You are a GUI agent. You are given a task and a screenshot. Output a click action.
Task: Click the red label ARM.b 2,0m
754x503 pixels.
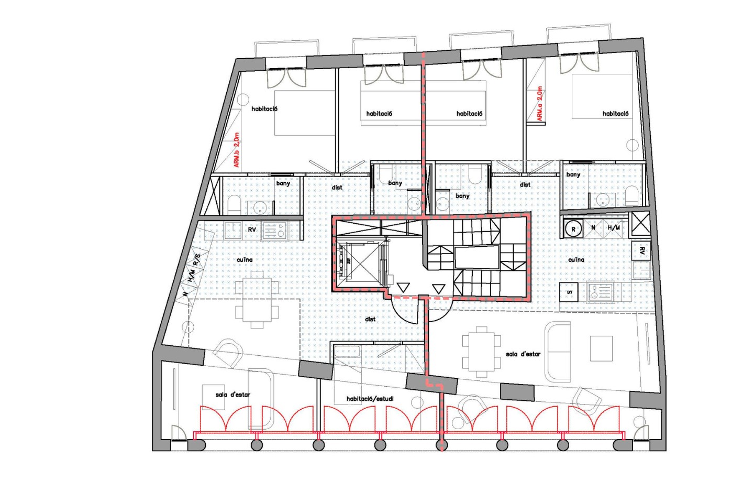pyautogui.click(x=237, y=150)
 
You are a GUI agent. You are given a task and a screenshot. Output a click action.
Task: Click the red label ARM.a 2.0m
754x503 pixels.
pyautogui.click(x=540, y=104)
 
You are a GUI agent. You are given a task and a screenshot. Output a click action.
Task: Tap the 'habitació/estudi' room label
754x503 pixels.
pyautogui.click(x=370, y=399)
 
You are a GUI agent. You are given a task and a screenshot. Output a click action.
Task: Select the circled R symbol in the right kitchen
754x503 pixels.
pyautogui.click(x=573, y=229)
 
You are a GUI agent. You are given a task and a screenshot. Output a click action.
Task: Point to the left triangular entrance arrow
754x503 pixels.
pyautogui.click(x=403, y=288)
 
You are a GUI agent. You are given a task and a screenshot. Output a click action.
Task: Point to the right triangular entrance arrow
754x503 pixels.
pyautogui.click(x=438, y=288)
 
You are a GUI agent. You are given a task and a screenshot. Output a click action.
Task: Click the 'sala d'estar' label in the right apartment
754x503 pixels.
pyautogui.click(x=523, y=354)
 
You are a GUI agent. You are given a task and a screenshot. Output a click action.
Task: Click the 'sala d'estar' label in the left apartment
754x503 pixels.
pyautogui.click(x=232, y=395)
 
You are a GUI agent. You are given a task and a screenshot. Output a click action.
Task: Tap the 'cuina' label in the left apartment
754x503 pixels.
pyautogui.click(x=245, y=260)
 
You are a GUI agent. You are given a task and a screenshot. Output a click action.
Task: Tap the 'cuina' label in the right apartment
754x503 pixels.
pyautogui.click(x=576, y=260)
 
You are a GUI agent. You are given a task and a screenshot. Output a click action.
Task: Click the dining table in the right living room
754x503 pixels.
pyautogui.click(x=478, y=352)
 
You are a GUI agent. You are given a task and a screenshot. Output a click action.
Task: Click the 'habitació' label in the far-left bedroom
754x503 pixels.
pyautogui.click(x=264, y=109)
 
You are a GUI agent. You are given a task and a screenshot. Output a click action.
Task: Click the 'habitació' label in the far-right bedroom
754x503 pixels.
pyautogui.click(x=615, y=114)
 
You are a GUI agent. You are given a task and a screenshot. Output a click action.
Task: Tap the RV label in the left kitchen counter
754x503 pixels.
pyautogui.click(x=252, y=230)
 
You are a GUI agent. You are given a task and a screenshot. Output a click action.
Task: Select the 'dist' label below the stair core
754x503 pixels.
pyautogui.click(x=370, y=319)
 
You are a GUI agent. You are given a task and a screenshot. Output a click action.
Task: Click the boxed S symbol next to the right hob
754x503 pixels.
pyautogui.click(x=569, y=292)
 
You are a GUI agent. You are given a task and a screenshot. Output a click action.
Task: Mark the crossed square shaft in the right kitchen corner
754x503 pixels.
pyautogui.click(x=640, y=224)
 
